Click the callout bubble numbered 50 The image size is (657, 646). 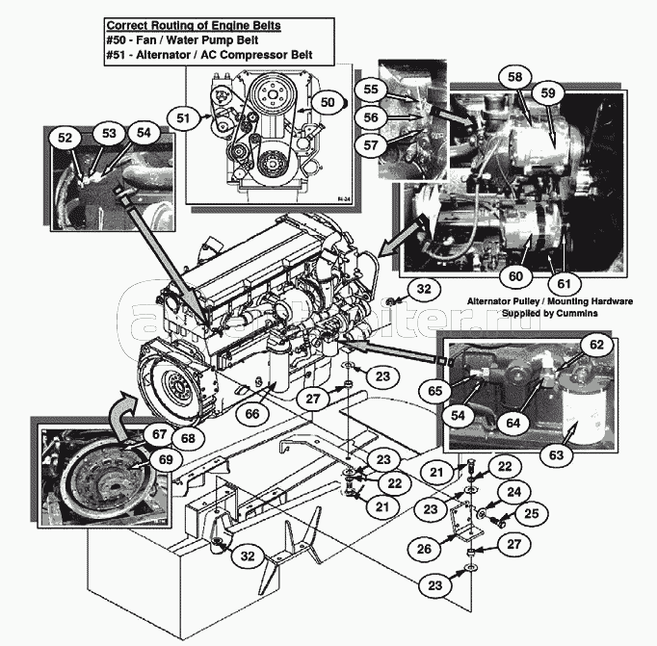(x=327, y=102)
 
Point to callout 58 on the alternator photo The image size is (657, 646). (x=515, y=76)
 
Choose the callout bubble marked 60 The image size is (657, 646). (x=515, y=275)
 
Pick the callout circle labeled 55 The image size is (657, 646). (x=371, y=89)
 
